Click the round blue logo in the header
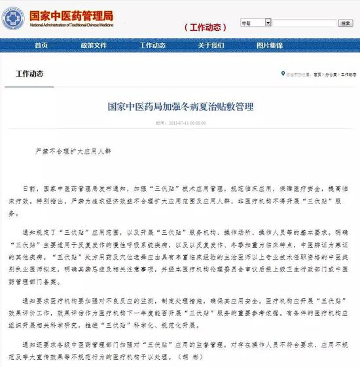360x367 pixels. coord(13,18)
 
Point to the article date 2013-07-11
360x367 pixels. coord(186,122)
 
